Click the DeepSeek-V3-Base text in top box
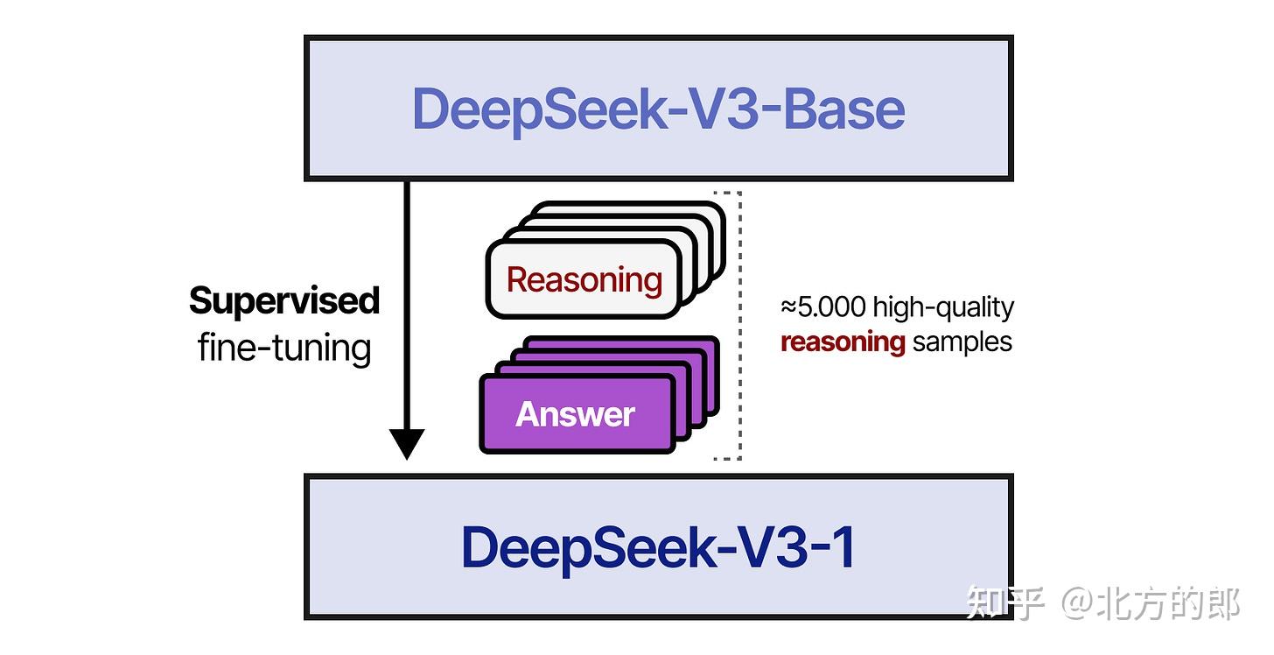pos(658,109)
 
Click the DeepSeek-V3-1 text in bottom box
pos(658,547)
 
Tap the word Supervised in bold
pos(284,300)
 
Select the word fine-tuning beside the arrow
pos(284,348)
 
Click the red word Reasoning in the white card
pos(584,280)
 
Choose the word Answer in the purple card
pos(575,414)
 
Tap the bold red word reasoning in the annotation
pos(842,342)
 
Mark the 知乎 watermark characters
pos(1004,603)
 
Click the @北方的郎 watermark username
pos(1151,603)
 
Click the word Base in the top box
pos(843,109)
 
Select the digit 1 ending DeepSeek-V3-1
pos(842,547)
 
